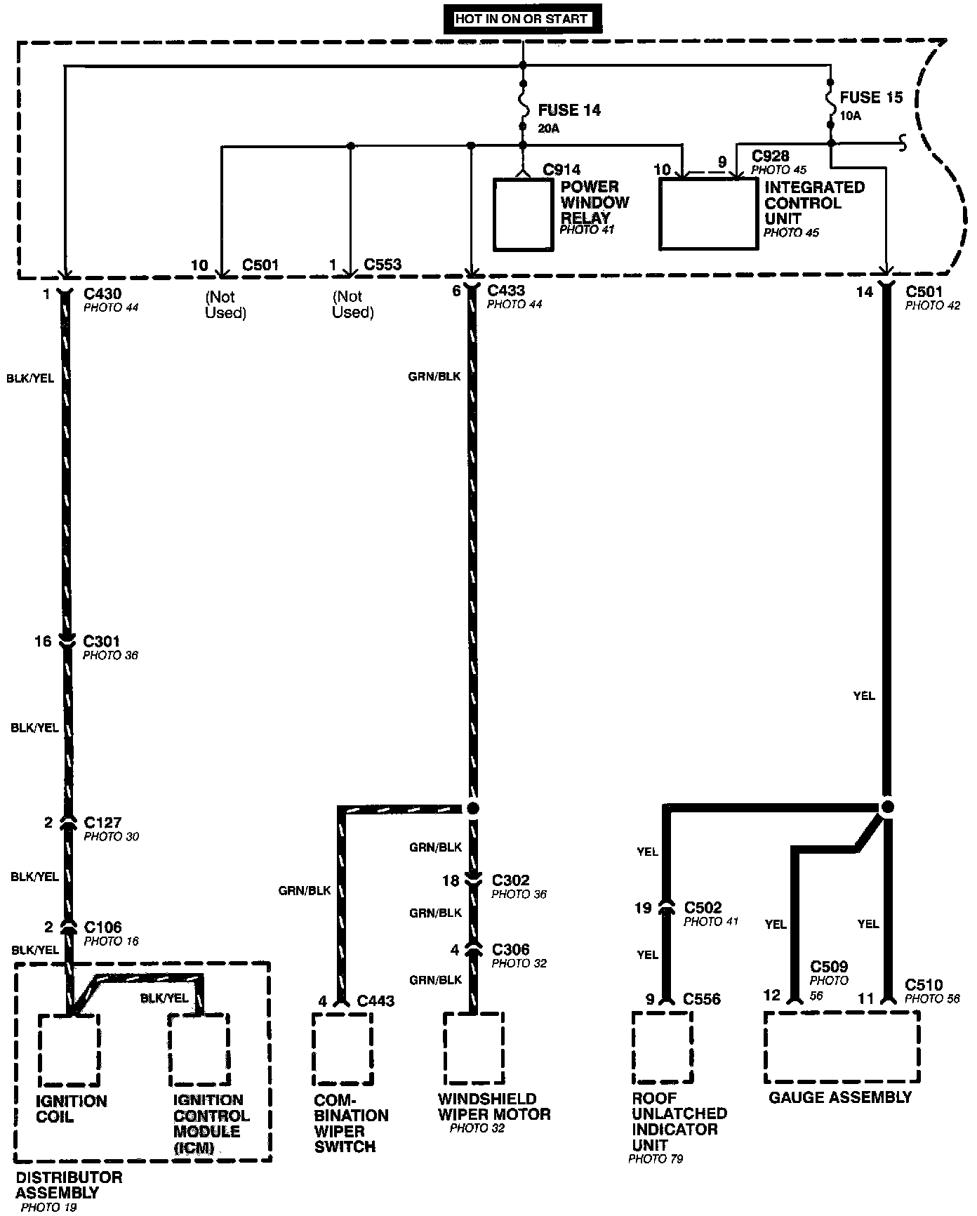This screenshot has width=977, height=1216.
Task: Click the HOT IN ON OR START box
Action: (521, 20)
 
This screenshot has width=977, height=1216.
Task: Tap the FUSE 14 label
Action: (569, 110)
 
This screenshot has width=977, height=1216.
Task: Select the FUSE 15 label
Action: (871, 98)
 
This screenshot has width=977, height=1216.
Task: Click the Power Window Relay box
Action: (522, 214)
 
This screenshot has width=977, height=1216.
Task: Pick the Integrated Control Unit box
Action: (709, 213)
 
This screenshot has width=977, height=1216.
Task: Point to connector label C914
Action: (562, 170)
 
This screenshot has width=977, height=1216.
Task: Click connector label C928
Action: (770, 156)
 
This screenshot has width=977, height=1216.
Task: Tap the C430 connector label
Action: (102, 292)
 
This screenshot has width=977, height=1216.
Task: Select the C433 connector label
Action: (506, 291)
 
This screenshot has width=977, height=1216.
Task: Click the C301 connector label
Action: (102, 641)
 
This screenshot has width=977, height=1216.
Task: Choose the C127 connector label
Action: (102, 822)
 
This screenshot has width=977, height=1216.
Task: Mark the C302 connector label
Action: (511, 880)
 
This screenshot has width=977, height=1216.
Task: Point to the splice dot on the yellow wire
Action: (887, 806)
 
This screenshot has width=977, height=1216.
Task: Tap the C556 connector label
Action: (702, 999)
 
